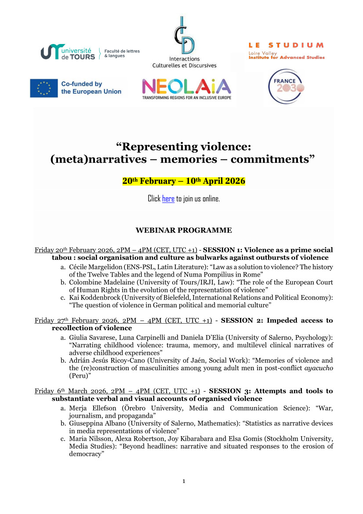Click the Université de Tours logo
pyautogui.click(x=68, y=52)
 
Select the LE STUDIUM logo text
pyautogui.click(x=286, y=45)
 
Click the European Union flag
pyautogui.click(x=44, y=88)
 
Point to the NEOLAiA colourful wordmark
pyautogui.click(x=186, y=86)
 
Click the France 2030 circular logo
pyautogui.click(x=287, y=86)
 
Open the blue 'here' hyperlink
pyautogui.click(x=168, y=199)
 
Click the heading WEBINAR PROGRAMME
pyautogui.click(x=183, y=230)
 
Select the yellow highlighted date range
pyautogui.click(x=183, y=181)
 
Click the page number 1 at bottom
pyautogui.click(x=184, y=481)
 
